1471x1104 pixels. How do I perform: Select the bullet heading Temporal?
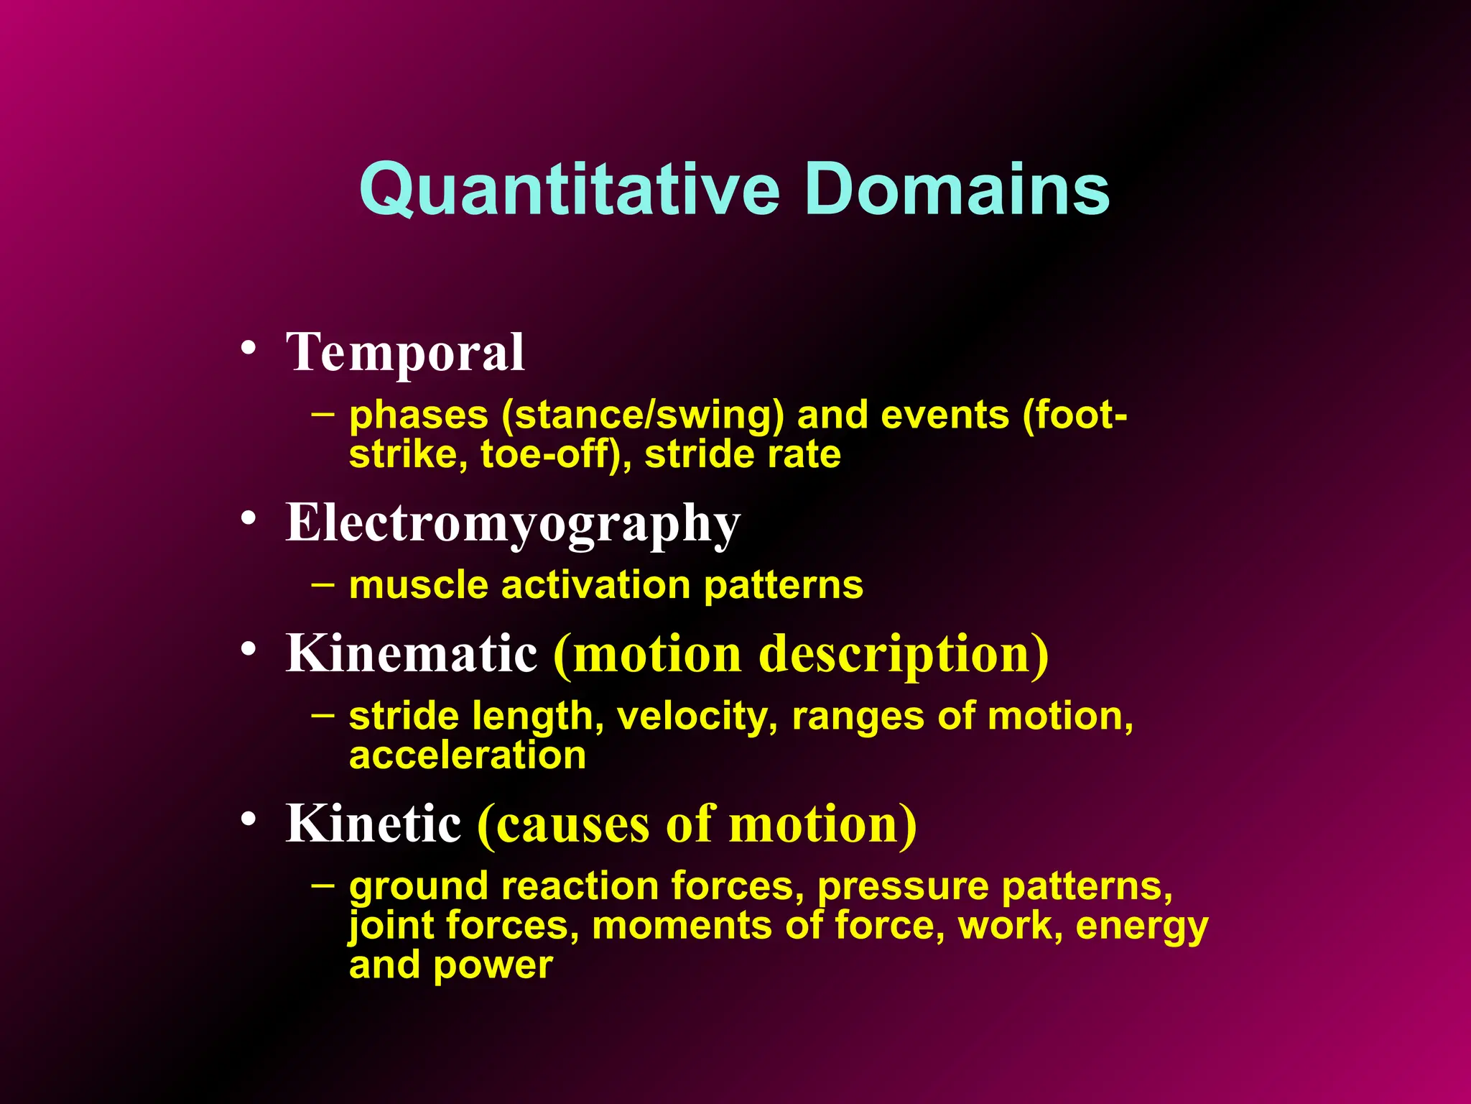405,352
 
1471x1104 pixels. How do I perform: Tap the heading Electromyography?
513,523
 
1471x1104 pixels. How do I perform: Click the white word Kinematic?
412,653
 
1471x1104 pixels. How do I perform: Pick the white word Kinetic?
373,823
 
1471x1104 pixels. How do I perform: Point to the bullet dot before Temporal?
249,348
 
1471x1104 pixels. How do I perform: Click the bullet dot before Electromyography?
249,517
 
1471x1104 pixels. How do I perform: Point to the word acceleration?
468,755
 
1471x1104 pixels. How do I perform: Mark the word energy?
1142,926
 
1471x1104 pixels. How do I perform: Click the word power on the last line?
493,965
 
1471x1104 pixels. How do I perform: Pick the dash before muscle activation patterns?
322,584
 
